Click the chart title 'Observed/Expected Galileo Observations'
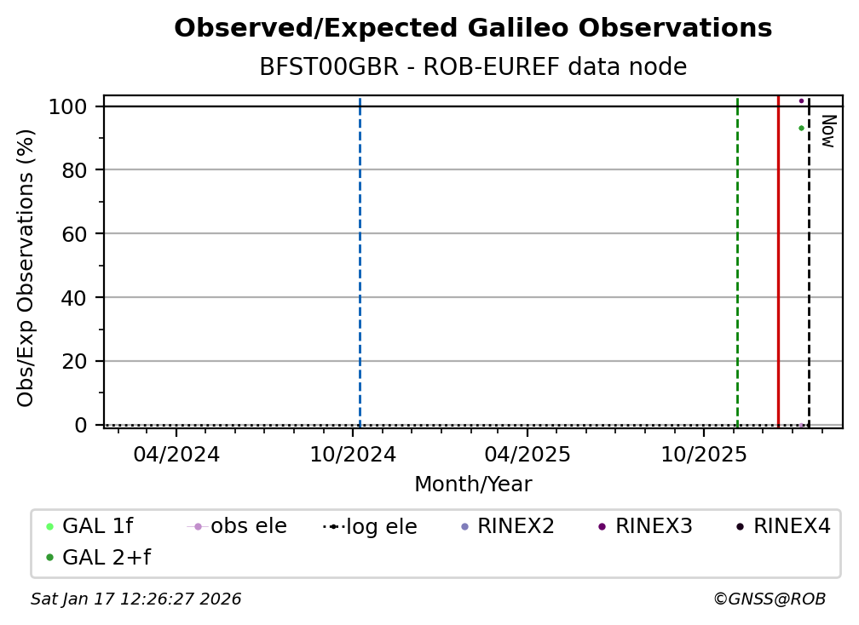pos(473,28)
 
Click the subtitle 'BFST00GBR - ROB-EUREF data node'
pos(473,66)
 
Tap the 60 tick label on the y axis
pos(74,233)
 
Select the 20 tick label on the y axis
pos(74,361)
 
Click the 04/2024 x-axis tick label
pos(176,454)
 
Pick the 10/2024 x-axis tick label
pos(352,454)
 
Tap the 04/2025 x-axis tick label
pos(528,454)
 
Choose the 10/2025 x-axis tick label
pos(704,454)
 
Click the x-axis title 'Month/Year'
pos(473,485)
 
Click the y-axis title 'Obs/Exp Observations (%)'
pos(26,267)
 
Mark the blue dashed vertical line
pos(360,261)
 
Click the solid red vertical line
pos(779,261)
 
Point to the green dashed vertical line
pos(737,261)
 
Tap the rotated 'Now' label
pos(828,131)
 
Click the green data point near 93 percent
pos(801,128)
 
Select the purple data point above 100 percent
pos(801,100)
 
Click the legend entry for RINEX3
pos(645,526)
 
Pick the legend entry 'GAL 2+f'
pos(99,558)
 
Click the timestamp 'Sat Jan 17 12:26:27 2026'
pos(135,599)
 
